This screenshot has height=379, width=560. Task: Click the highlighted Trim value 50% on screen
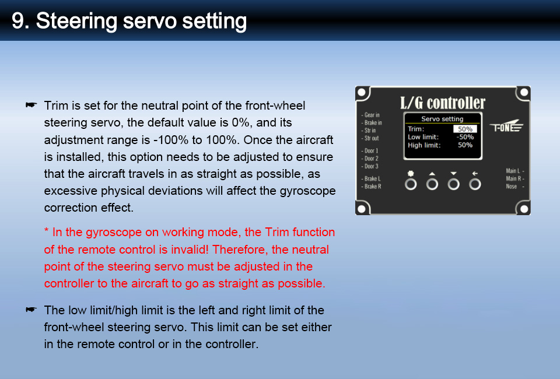point(465,129)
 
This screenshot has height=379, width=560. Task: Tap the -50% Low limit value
point(465,137)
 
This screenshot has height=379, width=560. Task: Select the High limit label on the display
point(424,145)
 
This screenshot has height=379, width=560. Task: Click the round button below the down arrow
point(454,184)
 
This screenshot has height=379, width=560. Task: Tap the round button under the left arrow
point(475,184)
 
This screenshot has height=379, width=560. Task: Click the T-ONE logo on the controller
point(506,126)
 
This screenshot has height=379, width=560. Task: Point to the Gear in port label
point(371,115)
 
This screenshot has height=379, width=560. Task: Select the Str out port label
point(370,138)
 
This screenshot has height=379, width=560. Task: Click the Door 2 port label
point(370,159)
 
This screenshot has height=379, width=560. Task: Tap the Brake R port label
point(372,186)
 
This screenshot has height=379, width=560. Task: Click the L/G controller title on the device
point(443,103)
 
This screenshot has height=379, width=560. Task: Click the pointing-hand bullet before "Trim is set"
point(31,105)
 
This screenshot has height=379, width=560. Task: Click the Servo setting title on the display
point(442,119)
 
